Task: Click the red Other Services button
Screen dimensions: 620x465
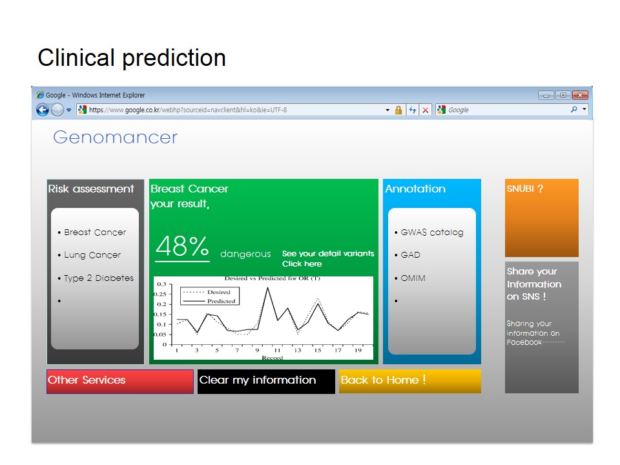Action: (x=120, y=381)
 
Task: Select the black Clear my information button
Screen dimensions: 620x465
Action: (x=266, y=381)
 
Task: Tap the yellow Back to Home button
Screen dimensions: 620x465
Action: (x=410, y=381)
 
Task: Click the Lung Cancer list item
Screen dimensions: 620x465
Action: (x=92, y=255)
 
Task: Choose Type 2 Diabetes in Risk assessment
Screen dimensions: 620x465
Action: (x=99, y=278)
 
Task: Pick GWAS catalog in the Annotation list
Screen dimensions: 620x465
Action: (x=432, y=232)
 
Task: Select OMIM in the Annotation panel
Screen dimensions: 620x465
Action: (x=413, y=278)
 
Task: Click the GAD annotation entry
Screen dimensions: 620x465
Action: (x=411, y=255)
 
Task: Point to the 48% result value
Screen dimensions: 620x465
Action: (x=182, y=246)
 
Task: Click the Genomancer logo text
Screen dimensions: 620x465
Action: (x=116, y=137)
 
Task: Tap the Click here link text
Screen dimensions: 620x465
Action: (x=302, y=263)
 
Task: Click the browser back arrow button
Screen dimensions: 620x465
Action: (x=43, y=110)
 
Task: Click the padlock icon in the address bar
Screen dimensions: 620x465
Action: (x=398, y=110)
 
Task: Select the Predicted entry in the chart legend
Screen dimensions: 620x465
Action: (x=222, y=301)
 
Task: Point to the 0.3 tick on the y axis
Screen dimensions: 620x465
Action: (x=161, y=284)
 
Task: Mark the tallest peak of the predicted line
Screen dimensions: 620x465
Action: (x=267, y=288)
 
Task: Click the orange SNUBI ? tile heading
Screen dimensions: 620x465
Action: (x=525, y=189)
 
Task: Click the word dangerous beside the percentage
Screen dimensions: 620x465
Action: (x=245, y=254)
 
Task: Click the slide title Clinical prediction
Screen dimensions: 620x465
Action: (x=132, y=57)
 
